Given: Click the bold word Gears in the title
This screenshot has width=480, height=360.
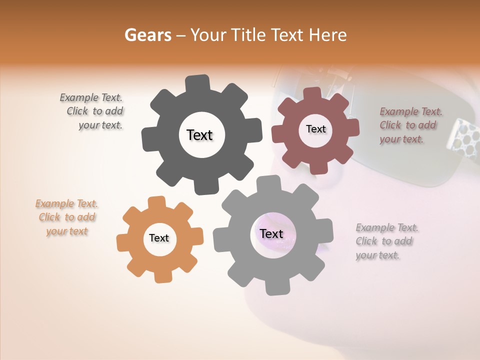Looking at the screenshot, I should [x=147, y=35].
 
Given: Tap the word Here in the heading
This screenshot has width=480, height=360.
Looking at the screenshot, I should [x=327, y=35].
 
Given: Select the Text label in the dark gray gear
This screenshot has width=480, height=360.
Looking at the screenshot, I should [x=199, y=135].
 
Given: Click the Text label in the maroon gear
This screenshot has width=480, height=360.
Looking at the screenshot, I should [x=315, y=129].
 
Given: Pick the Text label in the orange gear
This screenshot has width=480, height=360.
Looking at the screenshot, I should [x=159, y=238].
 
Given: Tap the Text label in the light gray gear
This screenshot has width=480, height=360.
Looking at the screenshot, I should [x=271, y=234].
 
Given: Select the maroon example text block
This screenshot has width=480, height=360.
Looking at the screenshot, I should [x=410, y=125].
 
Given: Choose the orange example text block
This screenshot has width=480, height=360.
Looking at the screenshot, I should [x=67, y=217].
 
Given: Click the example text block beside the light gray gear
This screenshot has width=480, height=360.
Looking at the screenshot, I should [x=387, y=241].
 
